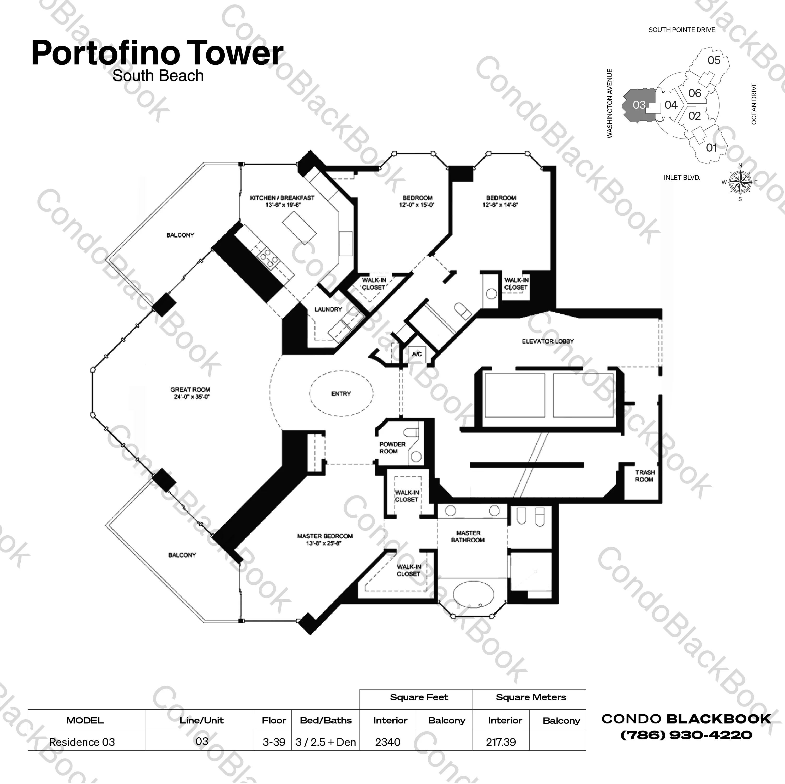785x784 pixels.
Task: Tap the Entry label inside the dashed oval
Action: (340, 394)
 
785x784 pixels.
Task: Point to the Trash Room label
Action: (645, 476)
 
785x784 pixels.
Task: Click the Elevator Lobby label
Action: (547, 342)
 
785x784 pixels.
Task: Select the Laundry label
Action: (328, 309)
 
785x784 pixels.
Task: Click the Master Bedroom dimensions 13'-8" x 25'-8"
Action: (324, 543)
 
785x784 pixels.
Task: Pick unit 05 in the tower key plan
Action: (714, 61)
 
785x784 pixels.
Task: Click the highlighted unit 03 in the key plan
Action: (638, 105)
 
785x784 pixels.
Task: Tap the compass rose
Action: (740, 182)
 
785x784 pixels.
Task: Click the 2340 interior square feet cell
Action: (388, 742)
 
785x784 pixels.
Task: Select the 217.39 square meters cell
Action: (501, 742)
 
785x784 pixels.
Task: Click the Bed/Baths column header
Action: (326, 720)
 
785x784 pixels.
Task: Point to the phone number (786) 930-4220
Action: (686, 735)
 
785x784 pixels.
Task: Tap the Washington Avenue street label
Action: (609, 104)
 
